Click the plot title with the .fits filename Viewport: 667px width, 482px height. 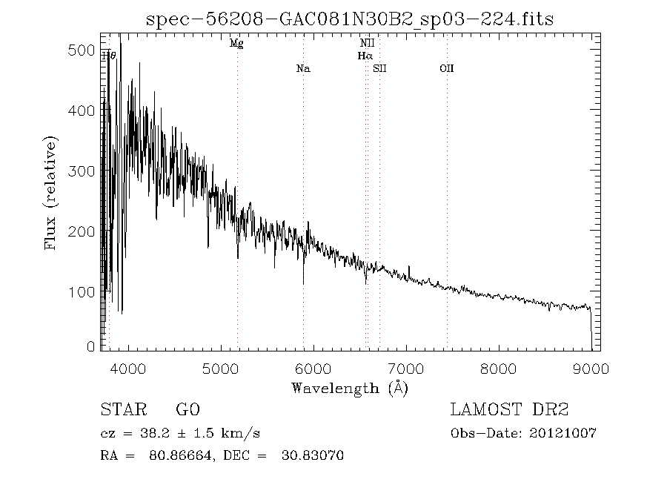(350, 19)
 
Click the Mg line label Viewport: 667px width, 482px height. (236, 44)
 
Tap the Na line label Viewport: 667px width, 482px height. (303, 69)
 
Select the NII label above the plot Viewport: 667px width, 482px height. (367, 44)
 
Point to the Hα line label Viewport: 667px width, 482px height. (365, 56)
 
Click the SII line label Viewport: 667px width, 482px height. (380, 69)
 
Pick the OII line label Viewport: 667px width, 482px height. (446, 69)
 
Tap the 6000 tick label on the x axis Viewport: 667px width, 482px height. (313, 369)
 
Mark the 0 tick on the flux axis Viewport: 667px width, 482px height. (90, 346)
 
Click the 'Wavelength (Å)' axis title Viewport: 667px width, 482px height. (350, 388)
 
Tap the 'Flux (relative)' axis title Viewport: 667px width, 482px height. (51, 193)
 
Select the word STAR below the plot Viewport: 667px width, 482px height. (121, 410)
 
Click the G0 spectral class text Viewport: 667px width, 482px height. (188, 410)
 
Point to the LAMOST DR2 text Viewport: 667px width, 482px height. (509, 410)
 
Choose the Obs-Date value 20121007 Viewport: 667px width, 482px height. (563, 434)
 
